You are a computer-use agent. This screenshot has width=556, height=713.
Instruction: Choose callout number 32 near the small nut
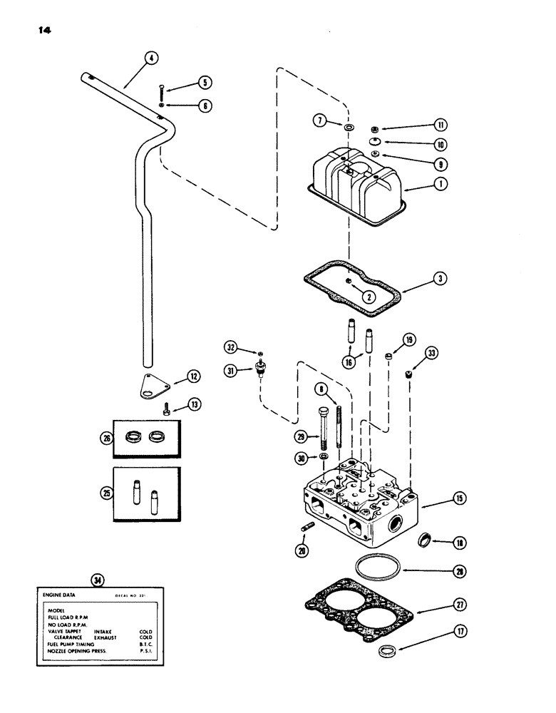coord(230,347)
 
